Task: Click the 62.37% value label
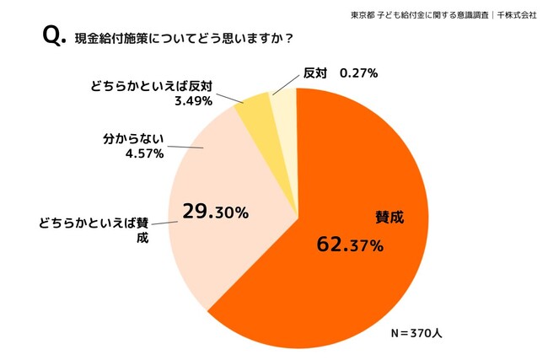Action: click(x=350, y=245)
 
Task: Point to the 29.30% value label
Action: click(x=215, y=212)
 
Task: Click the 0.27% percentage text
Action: click(x=357, y=73)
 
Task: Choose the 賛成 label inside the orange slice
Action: click(x=390, y=217)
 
